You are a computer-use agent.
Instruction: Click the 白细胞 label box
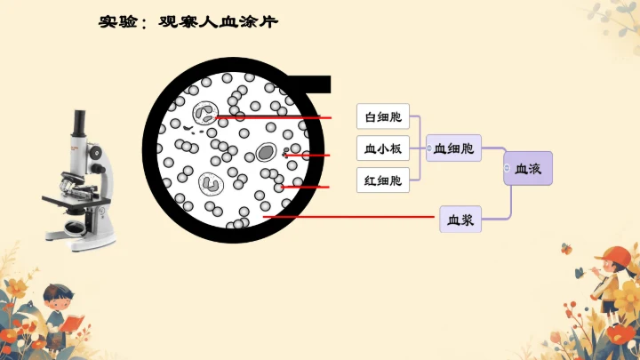[383, 116]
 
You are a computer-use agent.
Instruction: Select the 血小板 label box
[383, 148]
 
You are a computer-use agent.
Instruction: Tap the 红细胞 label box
[383, 180]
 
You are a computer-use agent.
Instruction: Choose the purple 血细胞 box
[453, 148]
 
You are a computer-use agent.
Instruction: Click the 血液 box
[528, 167]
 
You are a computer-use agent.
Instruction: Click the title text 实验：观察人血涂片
[188, 21]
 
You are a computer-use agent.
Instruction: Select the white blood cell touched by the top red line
[205, 115]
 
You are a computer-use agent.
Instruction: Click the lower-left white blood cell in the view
[212, 183]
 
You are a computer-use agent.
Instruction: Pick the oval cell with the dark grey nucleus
[265, 153]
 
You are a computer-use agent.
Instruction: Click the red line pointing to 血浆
[297, 216]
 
